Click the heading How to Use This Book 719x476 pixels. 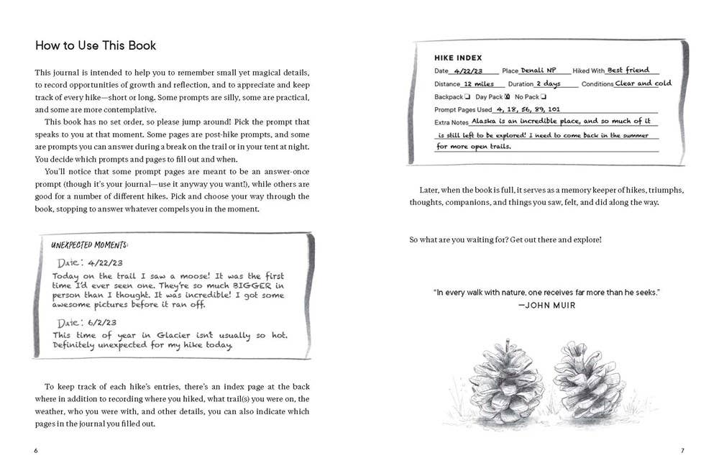click(x=96, y=46)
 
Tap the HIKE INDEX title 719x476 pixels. click(x=458, y=58)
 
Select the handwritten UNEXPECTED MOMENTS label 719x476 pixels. click(x=91, y=244)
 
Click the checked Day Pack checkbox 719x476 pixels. click(x=508, y=96)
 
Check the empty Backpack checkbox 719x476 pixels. click(x=467, y=96)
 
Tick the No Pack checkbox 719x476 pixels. click(x=544, y=96)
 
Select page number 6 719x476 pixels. click(x=35, y=451)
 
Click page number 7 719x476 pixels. click(x=682, y=451)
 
